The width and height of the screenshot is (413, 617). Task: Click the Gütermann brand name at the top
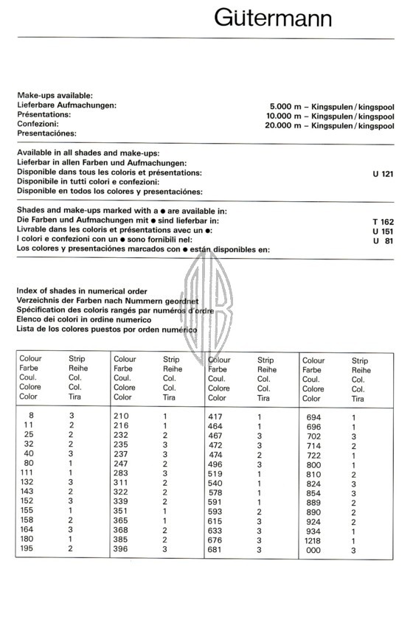(273, 18)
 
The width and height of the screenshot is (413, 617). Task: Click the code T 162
(383, 220)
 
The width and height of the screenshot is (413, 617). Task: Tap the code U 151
(383, 230)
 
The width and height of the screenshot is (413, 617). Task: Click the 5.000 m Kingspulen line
(331, 106)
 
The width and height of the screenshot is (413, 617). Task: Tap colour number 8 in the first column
(30, 416)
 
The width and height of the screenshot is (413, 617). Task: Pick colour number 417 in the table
(216, 416)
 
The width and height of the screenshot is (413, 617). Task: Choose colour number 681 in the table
(216, 549)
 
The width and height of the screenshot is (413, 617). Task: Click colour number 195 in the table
(28, 549)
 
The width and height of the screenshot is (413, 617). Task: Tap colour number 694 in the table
(314, 417)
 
